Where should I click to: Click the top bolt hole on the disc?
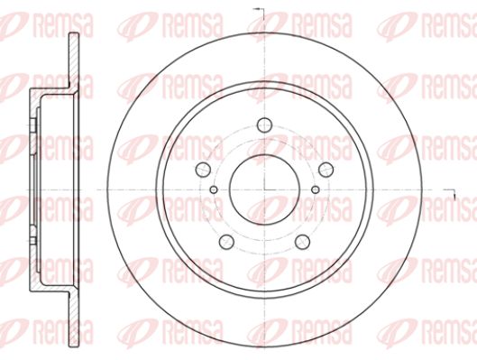264,125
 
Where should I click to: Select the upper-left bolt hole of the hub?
203,170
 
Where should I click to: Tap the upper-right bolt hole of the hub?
326,170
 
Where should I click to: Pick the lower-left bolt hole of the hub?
226,242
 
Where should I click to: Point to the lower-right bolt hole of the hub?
302,242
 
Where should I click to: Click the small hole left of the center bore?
214,189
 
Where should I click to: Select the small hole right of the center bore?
316,189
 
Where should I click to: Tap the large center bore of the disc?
264,189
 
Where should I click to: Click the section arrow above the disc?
259,12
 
